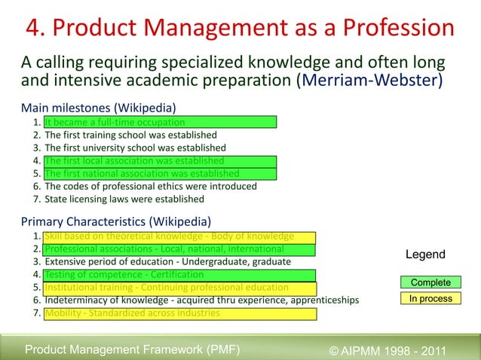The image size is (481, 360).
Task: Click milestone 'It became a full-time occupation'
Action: [x=114, y=122]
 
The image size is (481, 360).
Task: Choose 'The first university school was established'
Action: [x=135, y=148]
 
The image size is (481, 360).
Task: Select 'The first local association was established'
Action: [x=134, y=160]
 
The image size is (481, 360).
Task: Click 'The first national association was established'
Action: [x=142, y=173]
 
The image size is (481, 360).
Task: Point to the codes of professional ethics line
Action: [x=151, y=186]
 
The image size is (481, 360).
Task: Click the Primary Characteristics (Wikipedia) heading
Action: [x=115, y=221]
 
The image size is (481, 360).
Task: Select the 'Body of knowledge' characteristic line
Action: [x=169, y=236]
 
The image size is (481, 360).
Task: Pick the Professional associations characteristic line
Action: [x=164, y=249]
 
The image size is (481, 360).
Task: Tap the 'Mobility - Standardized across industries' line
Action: [x=133, y=313]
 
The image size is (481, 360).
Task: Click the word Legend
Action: [x=425, y=255]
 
